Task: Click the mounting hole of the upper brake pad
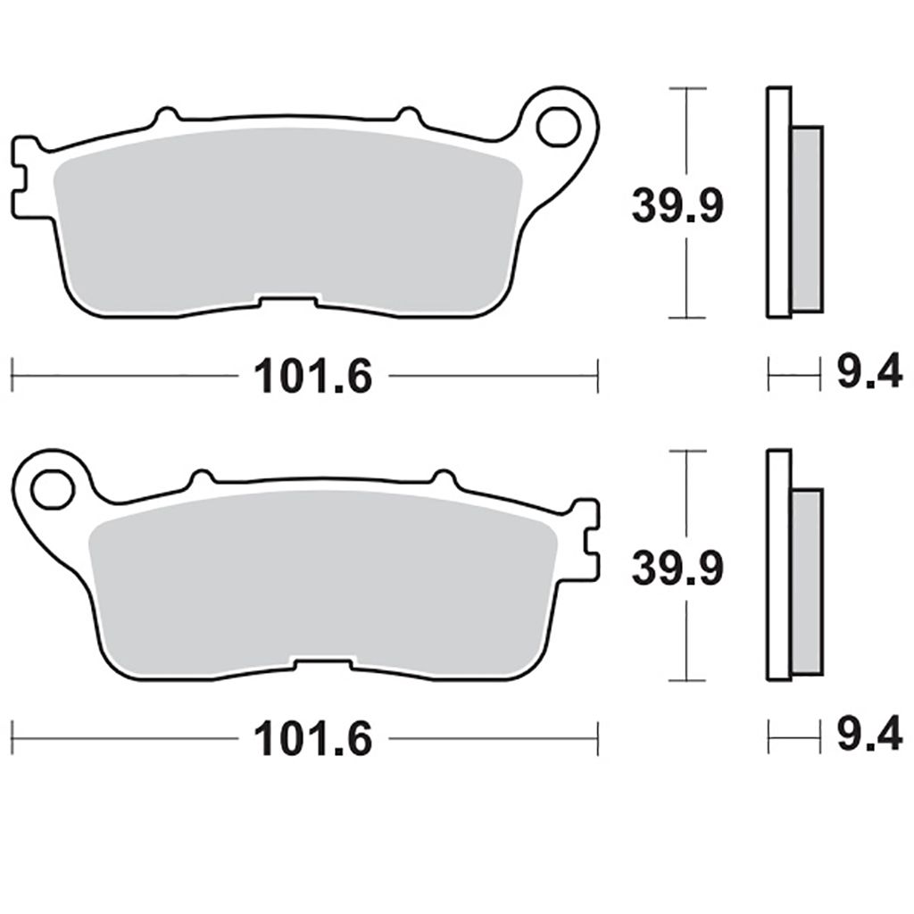click(x=559, y=127)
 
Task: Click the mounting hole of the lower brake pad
click(x=51, y=489)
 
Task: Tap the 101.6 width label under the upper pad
click(x=312, y=376)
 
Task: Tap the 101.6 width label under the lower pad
click(x=312, y=739)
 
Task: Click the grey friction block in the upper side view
click(x=807, y=219)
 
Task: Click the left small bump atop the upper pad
click(x=165, y=116)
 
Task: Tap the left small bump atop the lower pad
click(x=201, y=478)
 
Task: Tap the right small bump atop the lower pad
click(x=443, y=478)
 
